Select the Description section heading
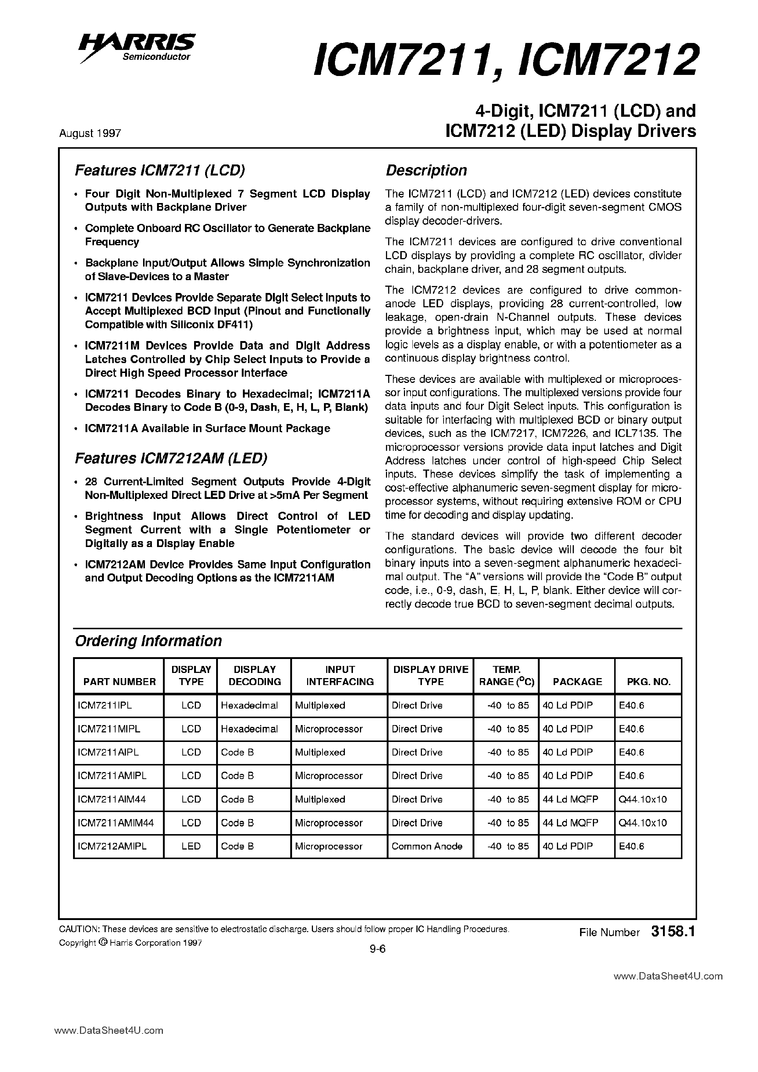pyautogui.click(x=426, y=170)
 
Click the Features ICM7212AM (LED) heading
pyautogui.click(x=171, y=459)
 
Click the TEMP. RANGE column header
pyautogui.click(x=506, y=676)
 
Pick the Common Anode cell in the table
pyautogui.click(x=427, y=846)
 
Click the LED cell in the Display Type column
pyautogui.click(x=191, y=846)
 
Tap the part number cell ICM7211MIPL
pyautogui.click(x=109, y=729)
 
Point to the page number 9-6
pyautogui.click(x=377, y=949)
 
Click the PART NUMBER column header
pyautogui.click(x=120, y=682)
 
